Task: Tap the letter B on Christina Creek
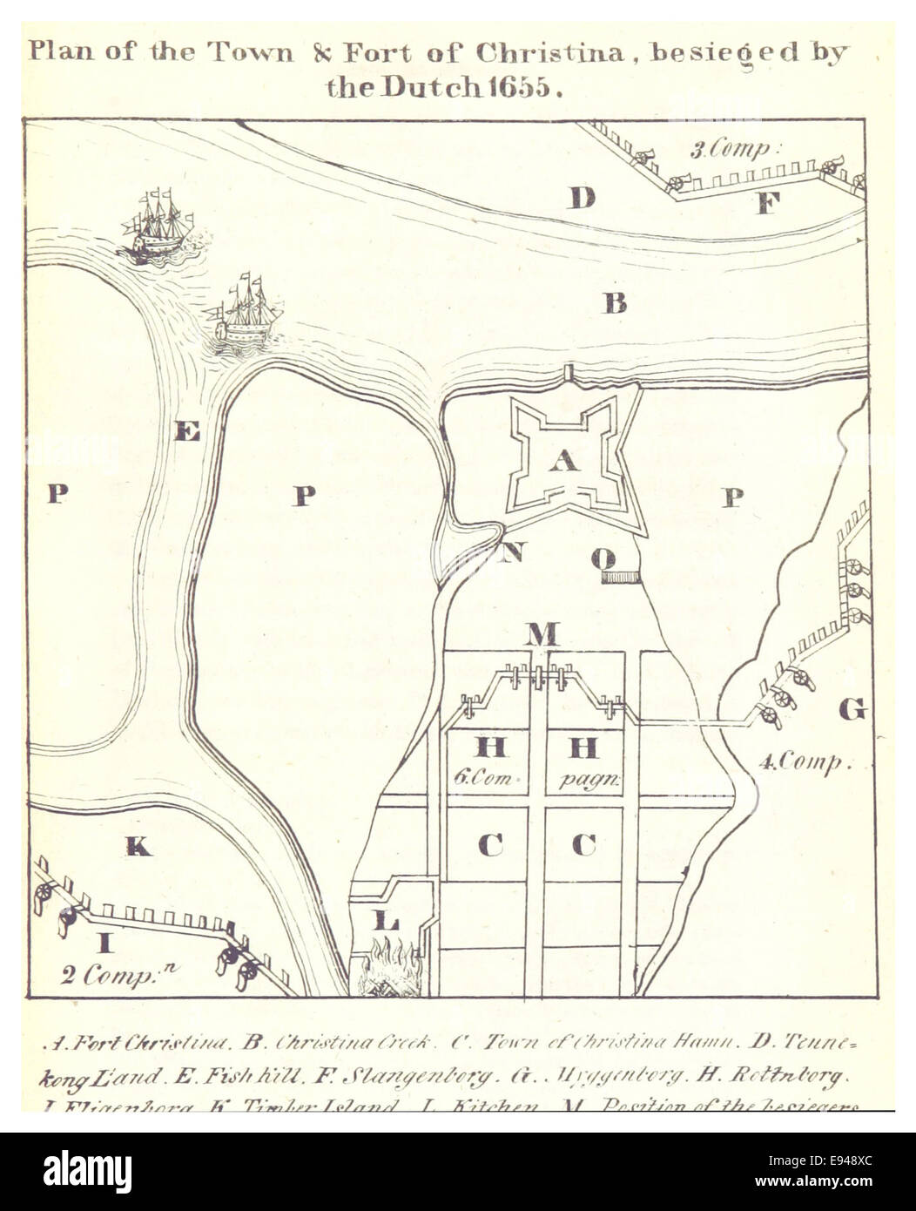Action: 616,303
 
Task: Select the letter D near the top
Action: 582,198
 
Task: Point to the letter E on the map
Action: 187,430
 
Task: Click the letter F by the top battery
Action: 766,204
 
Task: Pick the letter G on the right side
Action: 852,709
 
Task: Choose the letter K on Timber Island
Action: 138,844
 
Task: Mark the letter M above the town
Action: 542,633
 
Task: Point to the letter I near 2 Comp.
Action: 104,942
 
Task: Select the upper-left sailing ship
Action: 157,227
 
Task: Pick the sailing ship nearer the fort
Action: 246,314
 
